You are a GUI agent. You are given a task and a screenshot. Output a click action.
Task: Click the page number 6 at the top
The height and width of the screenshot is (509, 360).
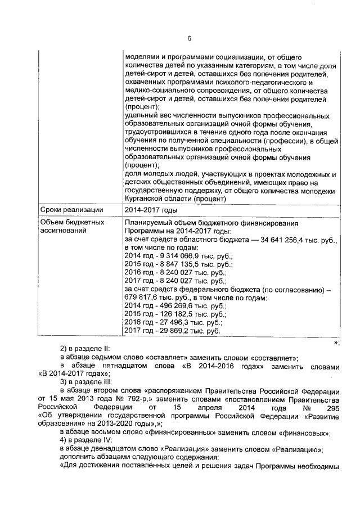coord(189,38)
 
